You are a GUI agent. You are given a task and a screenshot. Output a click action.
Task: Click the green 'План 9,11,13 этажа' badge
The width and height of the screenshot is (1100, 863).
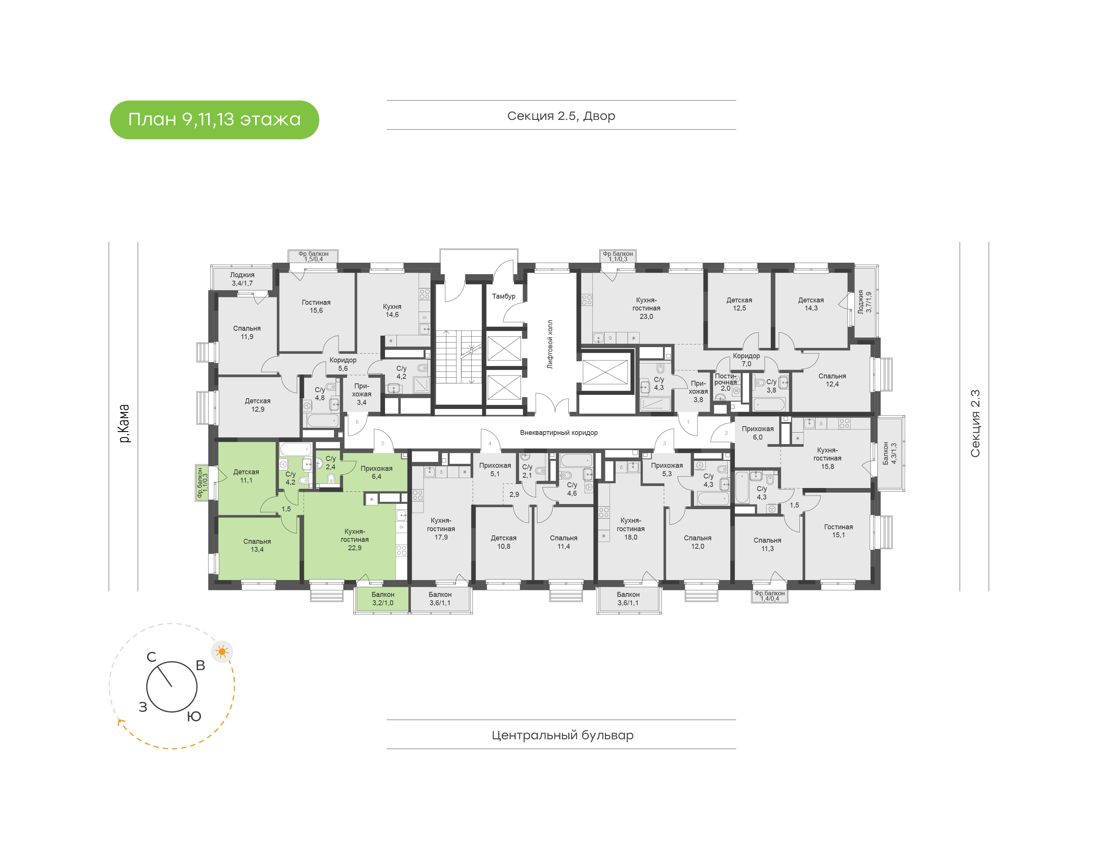coord(214,120)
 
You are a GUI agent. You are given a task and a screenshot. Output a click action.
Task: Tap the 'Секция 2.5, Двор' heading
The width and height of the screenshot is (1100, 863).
coord(561,116)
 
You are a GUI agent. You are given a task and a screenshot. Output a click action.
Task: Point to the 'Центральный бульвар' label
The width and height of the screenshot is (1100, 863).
coord(562,735)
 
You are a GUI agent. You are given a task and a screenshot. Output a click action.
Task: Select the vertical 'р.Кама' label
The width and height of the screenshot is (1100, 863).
coord(124,423)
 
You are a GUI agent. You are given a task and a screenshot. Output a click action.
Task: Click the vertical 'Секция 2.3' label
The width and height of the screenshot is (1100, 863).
coord(975,423)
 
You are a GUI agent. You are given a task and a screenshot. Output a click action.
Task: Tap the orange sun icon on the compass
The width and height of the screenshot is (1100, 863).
coord(222,651)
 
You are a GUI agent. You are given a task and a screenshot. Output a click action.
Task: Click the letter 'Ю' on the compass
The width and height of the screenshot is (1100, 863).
coord(194,716)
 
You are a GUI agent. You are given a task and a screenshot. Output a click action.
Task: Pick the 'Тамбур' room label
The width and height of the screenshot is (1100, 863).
coord(503,296)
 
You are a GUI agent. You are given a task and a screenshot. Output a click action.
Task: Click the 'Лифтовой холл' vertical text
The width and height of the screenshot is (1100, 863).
coord(550,344)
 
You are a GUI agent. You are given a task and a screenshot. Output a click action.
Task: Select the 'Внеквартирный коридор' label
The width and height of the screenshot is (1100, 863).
coord(558,433)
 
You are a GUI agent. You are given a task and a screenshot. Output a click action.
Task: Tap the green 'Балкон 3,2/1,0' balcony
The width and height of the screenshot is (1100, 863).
coord(382,599)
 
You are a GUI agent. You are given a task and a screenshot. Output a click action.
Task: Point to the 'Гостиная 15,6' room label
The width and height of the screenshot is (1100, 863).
coord(316,306)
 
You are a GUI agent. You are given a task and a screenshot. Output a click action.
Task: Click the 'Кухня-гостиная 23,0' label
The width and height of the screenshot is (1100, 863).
coord(646,308)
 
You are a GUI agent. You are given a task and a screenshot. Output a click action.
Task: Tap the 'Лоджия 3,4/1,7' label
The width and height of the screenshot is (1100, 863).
coord(242,279)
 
